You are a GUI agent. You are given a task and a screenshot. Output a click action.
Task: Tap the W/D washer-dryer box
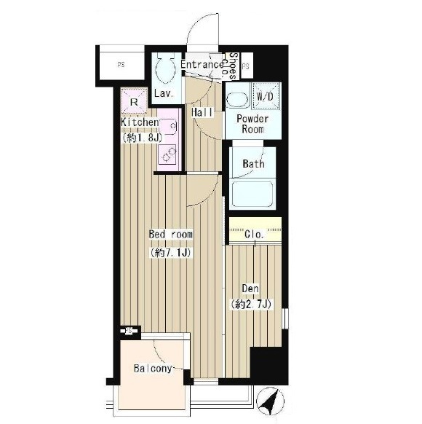[266, 96]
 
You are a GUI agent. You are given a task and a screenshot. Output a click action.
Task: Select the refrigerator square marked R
[134, 101]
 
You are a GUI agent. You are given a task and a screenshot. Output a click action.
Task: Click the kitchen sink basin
[168, 126]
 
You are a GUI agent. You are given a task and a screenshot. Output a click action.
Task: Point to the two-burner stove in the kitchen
[167, 154]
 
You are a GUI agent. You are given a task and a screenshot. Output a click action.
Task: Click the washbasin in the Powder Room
[237, 100]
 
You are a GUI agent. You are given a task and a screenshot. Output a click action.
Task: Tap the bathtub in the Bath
[252, 194]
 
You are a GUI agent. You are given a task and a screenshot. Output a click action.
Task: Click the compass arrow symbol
[270, 401]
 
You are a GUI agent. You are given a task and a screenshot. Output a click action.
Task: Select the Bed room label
[171, 234]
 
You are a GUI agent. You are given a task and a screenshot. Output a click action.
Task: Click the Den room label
[250, 288]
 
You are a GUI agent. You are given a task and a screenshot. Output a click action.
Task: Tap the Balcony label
[153, 369]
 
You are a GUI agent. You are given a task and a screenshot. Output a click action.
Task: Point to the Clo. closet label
[254, 234]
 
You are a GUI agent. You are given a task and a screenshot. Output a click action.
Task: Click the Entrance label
[202, 64]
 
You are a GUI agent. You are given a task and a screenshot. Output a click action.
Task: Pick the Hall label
[202, 112]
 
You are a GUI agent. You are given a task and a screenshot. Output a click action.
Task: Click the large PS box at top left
[122, 65]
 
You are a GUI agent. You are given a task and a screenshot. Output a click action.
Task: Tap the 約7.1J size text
[171, 253]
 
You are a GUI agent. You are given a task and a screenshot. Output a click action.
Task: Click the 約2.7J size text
[251, 305]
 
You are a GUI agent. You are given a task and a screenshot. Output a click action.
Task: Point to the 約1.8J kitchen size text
[143, 138]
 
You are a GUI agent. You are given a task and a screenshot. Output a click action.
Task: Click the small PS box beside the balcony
[130, 331]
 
